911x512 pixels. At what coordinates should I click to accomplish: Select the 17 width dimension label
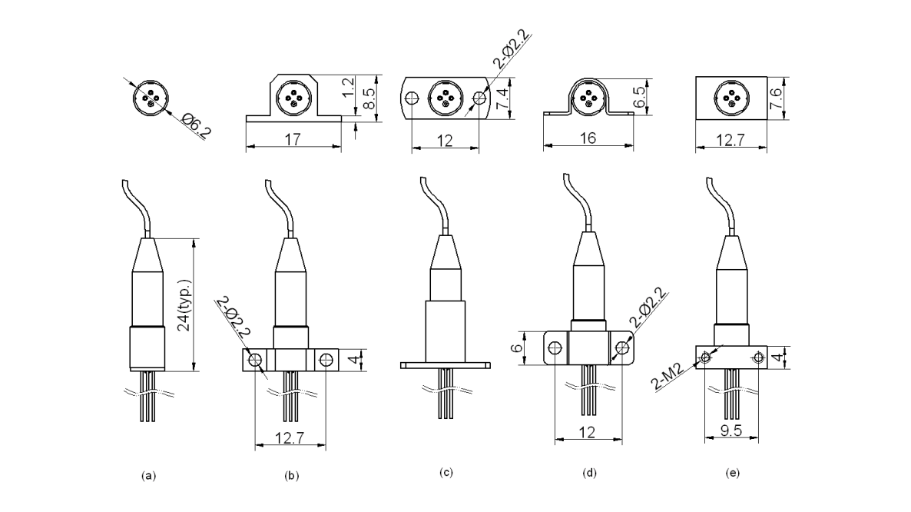[293, 140]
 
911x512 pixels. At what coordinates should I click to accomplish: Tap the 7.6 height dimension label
[797, 98]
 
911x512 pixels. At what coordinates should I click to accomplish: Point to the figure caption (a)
[148, 476]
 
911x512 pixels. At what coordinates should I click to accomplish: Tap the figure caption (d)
[589, 473]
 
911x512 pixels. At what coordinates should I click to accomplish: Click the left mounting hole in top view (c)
[412, 98]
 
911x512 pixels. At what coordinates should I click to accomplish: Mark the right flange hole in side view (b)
[326, 358]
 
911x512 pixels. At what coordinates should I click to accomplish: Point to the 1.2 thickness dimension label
[349, 87]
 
